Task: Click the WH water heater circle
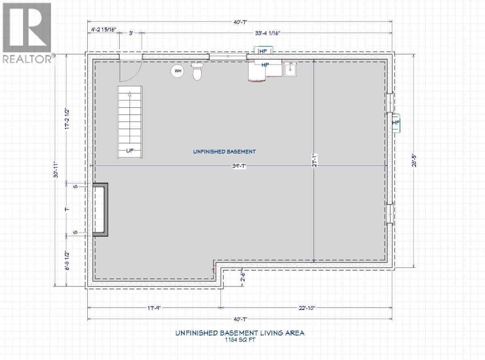(178, 71)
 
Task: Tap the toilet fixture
(197, 71)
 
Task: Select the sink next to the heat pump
(290, 69)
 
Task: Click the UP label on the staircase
(130, 150)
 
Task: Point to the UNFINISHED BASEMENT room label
(224, 152)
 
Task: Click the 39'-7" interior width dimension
(239, 166)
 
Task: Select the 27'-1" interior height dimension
(314, 160)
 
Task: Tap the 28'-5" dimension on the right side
(414, 161)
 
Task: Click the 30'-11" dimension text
(56, 170)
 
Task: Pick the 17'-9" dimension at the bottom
(154, 308)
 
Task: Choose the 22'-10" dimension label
(307, 308)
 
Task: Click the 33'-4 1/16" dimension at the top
(267, 33)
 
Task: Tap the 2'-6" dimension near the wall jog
(242, 277)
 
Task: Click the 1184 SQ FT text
(240, 340)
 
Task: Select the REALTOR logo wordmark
(27, 59)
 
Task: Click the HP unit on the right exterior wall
(396, 123)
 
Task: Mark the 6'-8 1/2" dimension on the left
(67, 261)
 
